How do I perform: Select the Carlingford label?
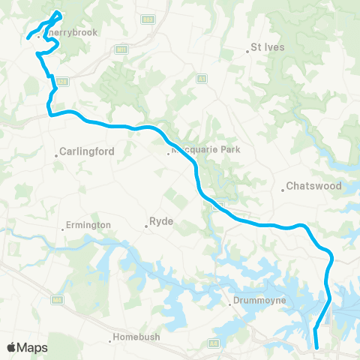(88, 151)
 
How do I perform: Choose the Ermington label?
(88, 225)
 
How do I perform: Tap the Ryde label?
(162, 222)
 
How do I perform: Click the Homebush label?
(137, 337)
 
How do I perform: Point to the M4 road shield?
(56, 300)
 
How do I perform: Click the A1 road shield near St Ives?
(201, 77)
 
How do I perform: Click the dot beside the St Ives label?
(247, 51)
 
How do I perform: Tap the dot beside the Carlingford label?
(57, 155)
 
